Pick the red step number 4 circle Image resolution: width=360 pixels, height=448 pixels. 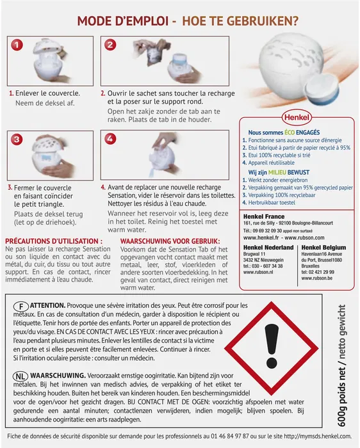pyautogui.click(x=111, y=139)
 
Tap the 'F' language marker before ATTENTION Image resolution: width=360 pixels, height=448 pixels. pyautogui.click(x=21, y=306)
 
